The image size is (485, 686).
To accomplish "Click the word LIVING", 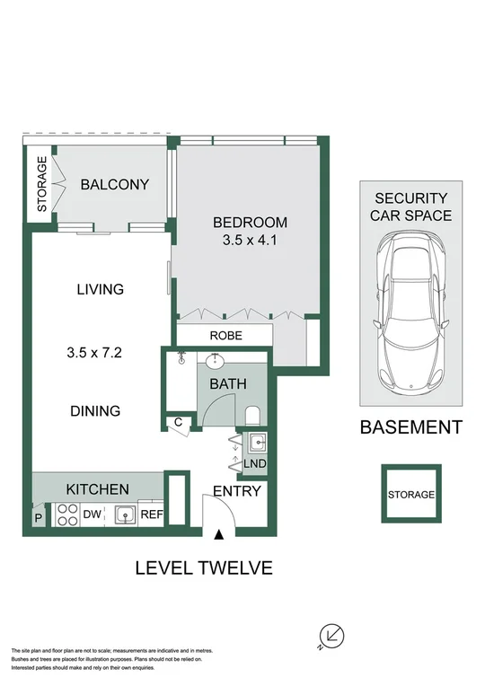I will [100, 289].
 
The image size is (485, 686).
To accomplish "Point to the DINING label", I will [96, 411].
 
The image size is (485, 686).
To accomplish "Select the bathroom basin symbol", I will [217, 362].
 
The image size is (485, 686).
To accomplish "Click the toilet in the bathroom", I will [253, 415].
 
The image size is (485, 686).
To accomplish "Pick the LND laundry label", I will [255, 463].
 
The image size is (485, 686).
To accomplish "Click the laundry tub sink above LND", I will [256, 441].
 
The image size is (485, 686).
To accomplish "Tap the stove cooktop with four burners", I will [67, 514].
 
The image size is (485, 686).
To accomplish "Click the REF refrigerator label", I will [152, 514].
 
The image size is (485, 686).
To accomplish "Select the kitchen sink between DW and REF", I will [124, 514].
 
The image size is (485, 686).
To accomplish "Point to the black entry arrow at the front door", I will [219, 536].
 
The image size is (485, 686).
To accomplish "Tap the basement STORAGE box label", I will [411, 495].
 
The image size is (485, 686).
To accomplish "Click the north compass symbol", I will [333, 636].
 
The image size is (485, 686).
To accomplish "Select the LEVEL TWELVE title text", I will [203, 567].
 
